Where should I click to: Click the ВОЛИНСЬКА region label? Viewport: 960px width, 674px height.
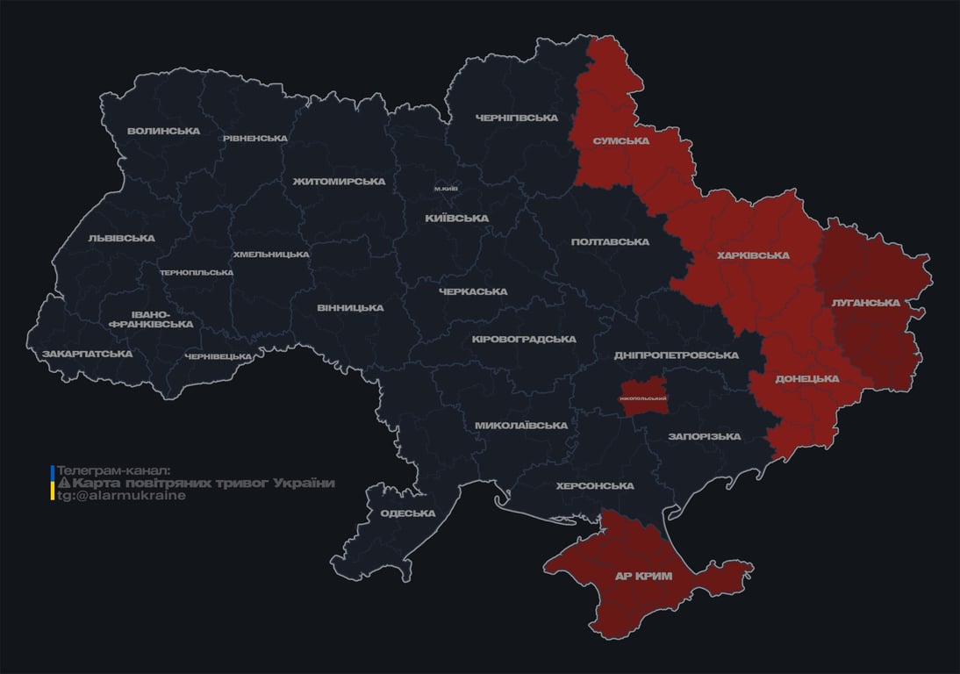click(163, 132)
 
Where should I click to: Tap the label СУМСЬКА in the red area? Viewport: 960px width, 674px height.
click(620, 140)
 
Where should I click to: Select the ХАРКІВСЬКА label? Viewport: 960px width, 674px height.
click(753, 255)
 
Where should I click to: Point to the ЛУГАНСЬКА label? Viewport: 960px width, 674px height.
click(866, 303)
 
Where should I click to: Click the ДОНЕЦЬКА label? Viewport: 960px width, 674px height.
click(807, 379)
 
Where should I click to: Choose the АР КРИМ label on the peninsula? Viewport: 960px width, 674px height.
click(643, 577)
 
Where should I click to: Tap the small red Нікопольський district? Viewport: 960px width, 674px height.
click(643, 398)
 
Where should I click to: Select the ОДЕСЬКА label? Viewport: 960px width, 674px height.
click(408, 513)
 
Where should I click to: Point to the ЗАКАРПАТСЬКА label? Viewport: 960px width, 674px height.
click(88, 354)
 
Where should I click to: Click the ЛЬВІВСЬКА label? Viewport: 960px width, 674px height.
click(121, 238)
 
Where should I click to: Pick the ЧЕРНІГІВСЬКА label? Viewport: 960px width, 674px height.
click(517, 118)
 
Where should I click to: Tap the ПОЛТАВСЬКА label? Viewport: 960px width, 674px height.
click(610, 241)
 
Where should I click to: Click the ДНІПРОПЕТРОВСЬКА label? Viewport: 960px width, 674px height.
click(677, 355)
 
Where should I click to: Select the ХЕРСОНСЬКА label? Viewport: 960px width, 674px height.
click(595, 485)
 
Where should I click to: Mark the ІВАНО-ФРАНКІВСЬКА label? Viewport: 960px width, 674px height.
click(150, 319)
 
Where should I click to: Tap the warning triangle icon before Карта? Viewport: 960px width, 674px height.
click(63, 484)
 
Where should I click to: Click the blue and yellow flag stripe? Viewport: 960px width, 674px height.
click(53, 483)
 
